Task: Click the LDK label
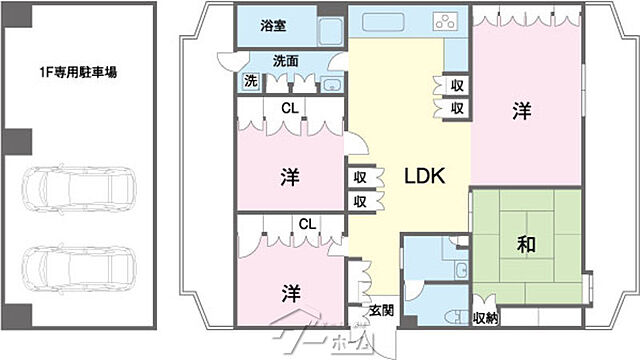pos(424,175)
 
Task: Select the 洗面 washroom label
pos(285,60)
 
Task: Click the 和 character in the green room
pos(525,244)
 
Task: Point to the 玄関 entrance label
pos(381,310)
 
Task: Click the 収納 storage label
pos(487,318)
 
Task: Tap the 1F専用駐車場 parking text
pos(79,73)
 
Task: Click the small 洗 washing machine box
pos(250,80)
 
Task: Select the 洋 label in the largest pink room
pos(522,111)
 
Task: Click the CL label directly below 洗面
pos(288,107)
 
